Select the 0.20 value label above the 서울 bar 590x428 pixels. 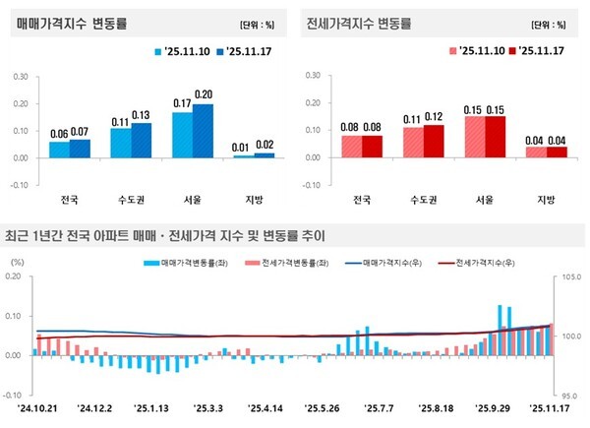click(x=203, y=94)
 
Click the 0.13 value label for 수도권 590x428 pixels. click(x=141, y=114)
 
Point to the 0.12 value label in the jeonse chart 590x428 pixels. click(x=435, y=117)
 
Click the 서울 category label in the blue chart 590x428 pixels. click(x=192, y=199)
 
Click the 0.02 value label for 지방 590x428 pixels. click(x=264, y=145)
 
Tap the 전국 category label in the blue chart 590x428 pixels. click(x=70, y=199)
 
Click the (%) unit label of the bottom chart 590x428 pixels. click(x=18, y=263)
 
